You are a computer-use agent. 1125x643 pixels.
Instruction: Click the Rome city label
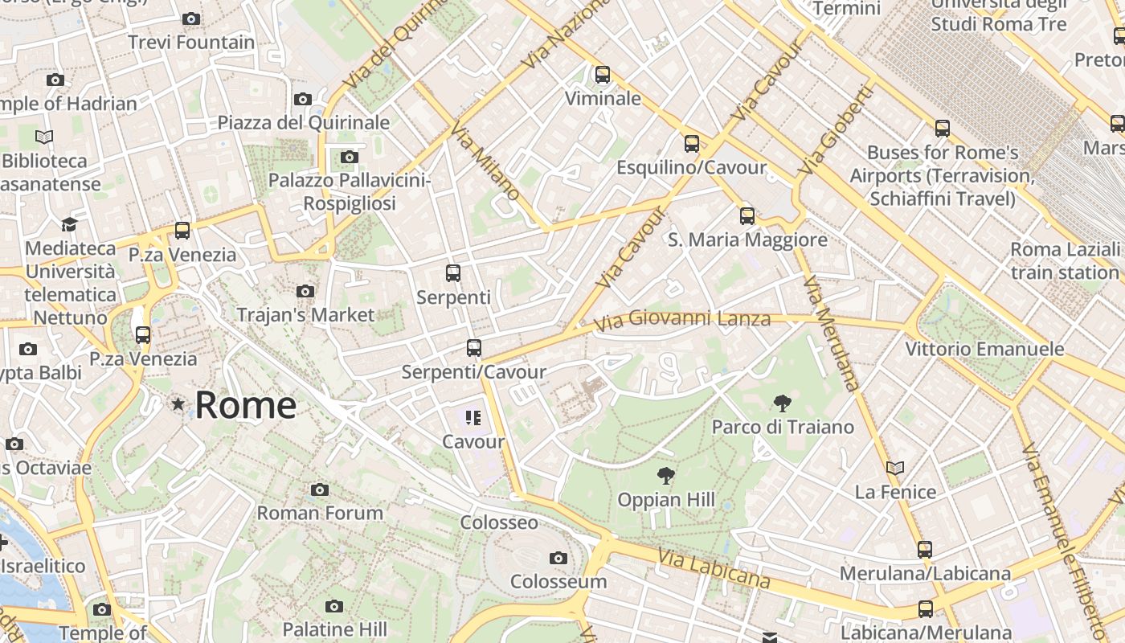click(245, 405)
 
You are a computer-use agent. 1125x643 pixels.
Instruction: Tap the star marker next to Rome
click(178, 404)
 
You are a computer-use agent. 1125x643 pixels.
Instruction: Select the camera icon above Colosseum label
click(558, 558)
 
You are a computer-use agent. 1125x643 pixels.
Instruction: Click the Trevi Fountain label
click(191, 42)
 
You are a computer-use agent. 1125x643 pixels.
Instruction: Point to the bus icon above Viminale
click(603, 75)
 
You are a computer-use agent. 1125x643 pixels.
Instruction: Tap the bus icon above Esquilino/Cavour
click(692, 144)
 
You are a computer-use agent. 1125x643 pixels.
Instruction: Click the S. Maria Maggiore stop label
click(747, 240)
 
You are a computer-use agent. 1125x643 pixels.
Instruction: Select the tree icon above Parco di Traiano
click(782, 403)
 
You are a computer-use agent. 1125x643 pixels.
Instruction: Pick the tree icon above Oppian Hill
click(665, 476)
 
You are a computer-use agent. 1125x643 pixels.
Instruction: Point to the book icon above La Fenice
click(895, 468)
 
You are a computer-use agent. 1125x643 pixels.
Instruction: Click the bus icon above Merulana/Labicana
click(925, 550)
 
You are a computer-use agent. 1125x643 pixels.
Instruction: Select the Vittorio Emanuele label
click(984, 349)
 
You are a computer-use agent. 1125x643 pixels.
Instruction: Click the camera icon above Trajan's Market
click(305, 291)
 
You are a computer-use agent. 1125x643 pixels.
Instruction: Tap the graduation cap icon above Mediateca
click(70, 224)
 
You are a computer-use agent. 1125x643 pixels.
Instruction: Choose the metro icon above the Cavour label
click(473, 417)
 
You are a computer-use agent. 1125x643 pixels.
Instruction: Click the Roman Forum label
click(320, 513)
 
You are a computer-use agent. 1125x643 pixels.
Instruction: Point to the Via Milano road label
click(485, 162)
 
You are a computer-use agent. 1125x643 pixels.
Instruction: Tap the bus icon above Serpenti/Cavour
click(474, 348)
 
